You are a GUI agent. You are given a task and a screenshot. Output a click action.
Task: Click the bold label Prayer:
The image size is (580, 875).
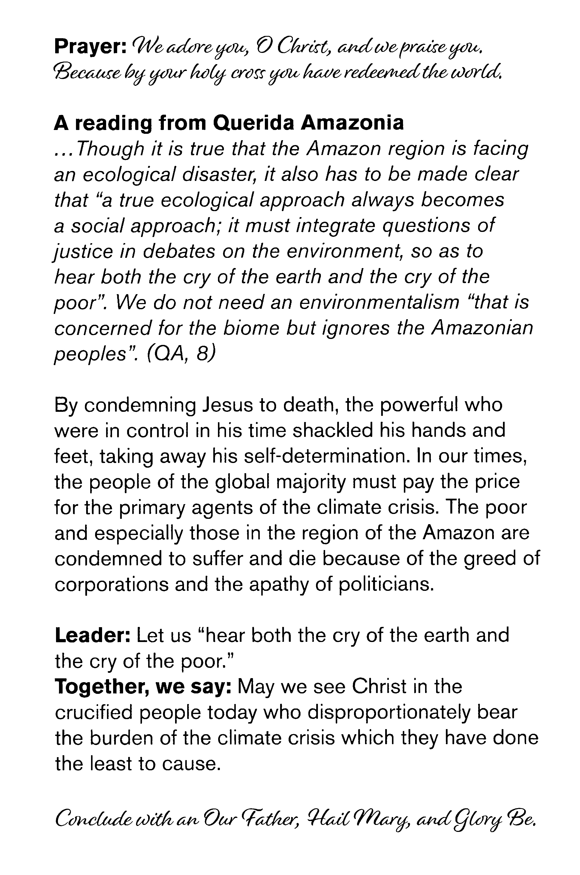(x=90, y=47)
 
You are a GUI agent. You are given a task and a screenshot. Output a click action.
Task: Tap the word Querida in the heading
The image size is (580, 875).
(x=254, y=123)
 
